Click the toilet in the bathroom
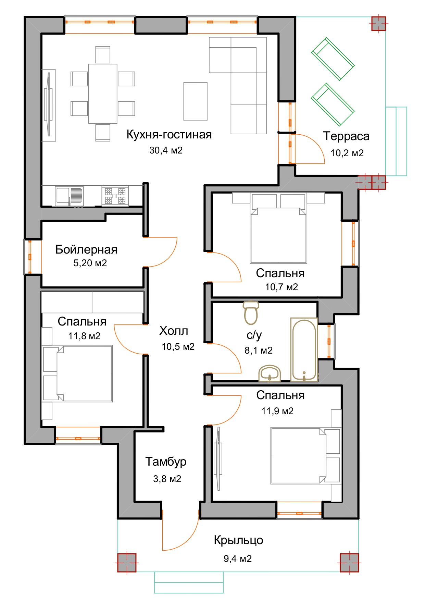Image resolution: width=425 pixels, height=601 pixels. click(251, 312)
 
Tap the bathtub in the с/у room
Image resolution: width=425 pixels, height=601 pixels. click(304, 349)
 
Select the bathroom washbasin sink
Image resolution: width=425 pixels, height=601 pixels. click(270, 373)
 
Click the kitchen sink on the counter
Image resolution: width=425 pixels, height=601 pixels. click(69, 196)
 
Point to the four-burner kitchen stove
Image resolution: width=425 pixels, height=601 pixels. click(115, 196)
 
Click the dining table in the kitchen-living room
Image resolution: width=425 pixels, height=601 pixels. click(103, 94)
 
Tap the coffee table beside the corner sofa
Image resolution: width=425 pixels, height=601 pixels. click(196, 101)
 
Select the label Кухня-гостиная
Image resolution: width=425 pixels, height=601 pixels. click(169, 135)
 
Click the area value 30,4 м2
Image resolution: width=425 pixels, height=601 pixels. click(166, 150)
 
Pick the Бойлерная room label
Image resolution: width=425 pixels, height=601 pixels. click(86, 249)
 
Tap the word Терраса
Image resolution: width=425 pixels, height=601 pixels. click(346, 136)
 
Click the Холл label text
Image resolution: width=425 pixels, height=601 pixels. click(174, 331)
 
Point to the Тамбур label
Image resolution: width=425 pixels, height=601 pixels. click(166, 462)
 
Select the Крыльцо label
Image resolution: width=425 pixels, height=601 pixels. click(238, 540)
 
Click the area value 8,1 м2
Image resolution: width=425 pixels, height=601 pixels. click(259, 351)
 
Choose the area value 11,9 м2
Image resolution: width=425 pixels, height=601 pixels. click(277, 411)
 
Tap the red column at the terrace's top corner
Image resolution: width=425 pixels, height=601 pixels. click(379, 24)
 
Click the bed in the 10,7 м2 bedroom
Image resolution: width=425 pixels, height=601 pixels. click(279, 235)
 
